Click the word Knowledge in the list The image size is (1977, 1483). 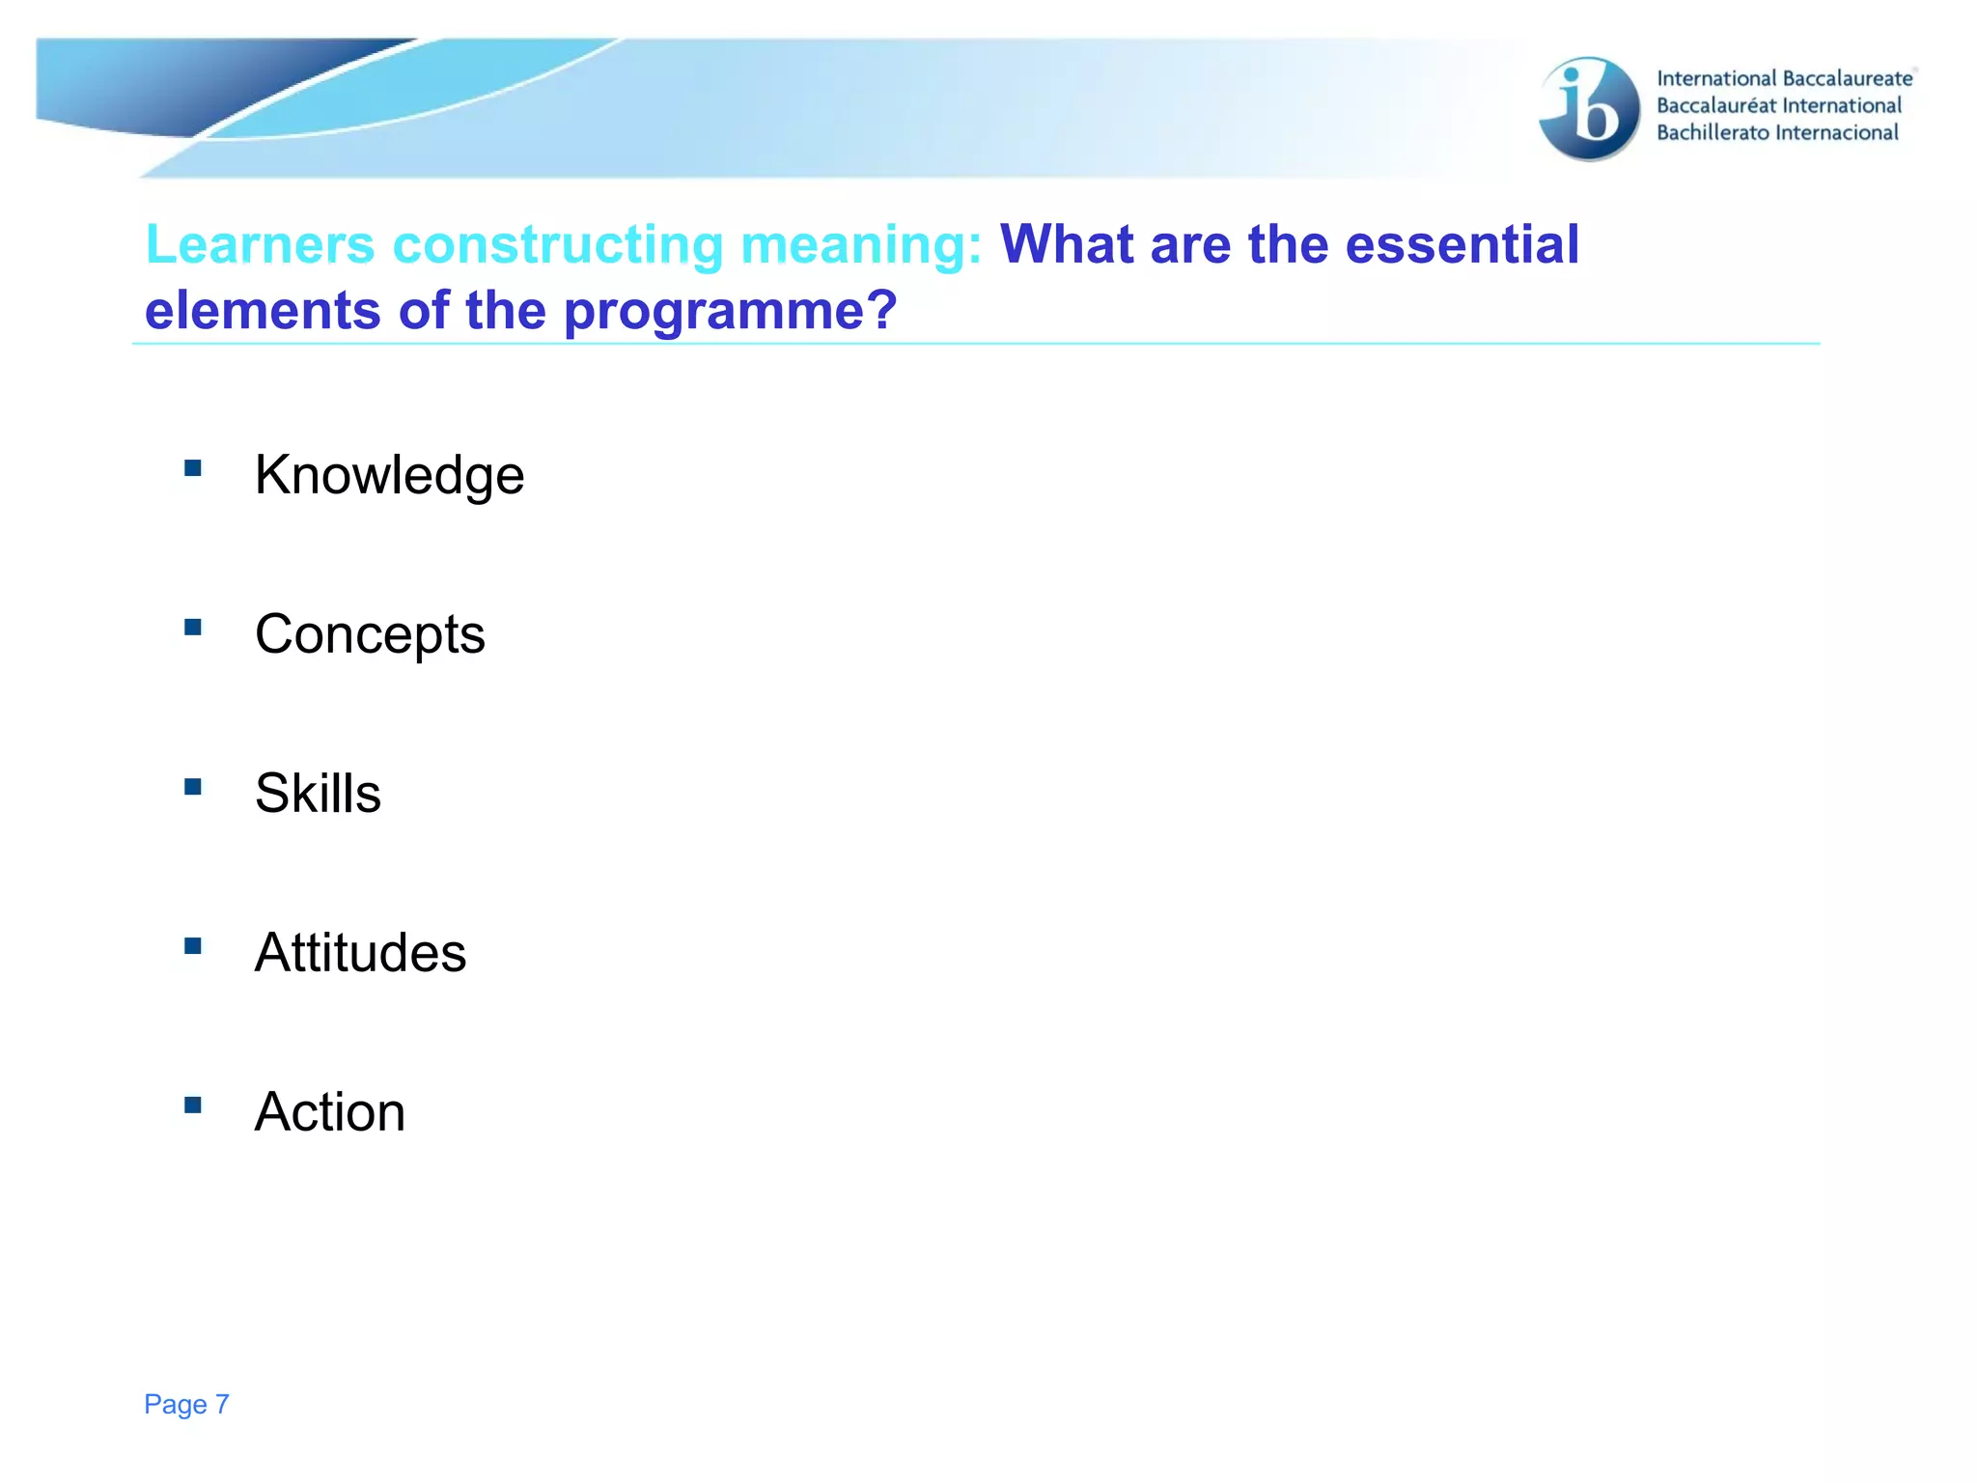pos(389,475)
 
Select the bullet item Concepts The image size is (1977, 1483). pos(370,634)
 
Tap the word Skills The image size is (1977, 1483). pos(318,794)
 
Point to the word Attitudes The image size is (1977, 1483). pos(360,953)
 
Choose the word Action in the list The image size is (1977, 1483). pos(329,1112)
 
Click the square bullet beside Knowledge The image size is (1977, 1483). pos(193,468)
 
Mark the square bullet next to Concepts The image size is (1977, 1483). pos(193,628)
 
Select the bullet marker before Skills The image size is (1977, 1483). pos(193,787)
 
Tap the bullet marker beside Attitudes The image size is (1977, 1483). pos(193,946)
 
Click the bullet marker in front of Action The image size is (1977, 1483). pos(193,1105)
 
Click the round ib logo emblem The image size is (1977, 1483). pos(1589,108)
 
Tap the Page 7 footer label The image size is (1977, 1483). pos(186,1404)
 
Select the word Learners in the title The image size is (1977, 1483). pos(260,244)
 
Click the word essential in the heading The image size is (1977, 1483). pos(1462,244)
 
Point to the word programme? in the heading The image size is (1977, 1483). pos(730,311)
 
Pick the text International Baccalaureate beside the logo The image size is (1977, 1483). pos(1784,79)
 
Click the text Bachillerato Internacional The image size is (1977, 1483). pos(1777,133)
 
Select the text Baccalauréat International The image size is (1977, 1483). pos(1778,106)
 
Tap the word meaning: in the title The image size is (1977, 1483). pos(861,244)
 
